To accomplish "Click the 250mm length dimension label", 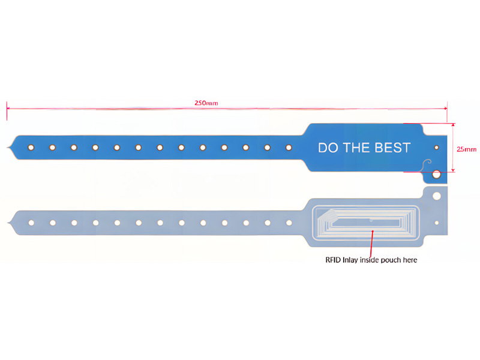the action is [206, 103].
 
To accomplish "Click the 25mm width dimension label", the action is [467, 149].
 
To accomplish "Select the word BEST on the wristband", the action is [392, 148].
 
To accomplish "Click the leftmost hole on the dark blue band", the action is [31, 148].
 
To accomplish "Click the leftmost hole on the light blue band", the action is [31, 223].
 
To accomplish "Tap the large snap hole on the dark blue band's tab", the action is [436, 175].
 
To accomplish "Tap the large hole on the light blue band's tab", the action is [437, 196].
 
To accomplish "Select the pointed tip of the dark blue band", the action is [8, 148].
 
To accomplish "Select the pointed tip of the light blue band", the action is [8, 223].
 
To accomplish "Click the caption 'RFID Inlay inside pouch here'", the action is [371, 260].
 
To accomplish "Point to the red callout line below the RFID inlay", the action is [371, 244].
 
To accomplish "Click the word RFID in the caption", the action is [333, 260].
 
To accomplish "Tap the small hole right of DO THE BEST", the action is [437, 148].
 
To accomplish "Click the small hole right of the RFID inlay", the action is [437, 223].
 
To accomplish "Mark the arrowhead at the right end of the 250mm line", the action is [445, 108].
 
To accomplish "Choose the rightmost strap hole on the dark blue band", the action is [289, 148].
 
